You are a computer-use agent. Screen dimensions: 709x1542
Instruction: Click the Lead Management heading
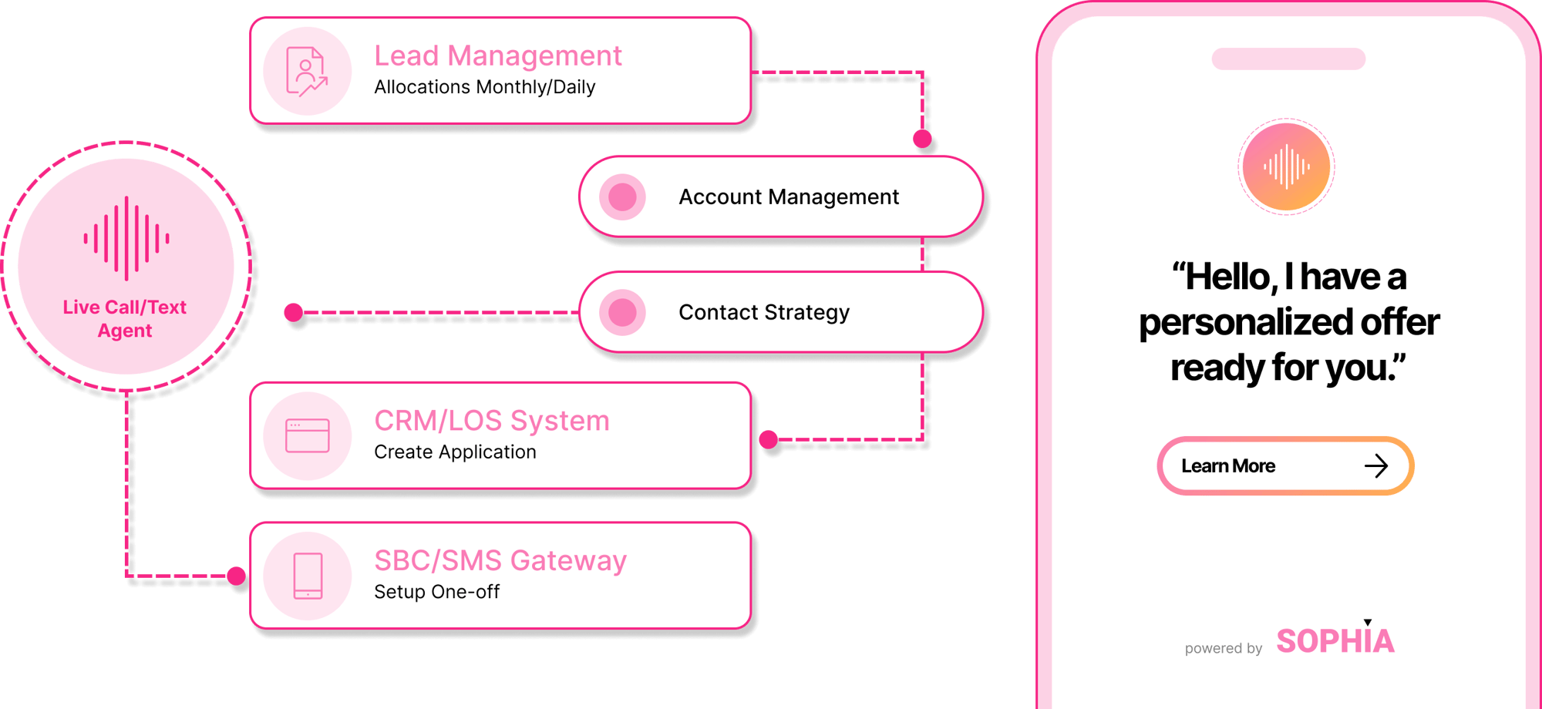click(x=497, y=56)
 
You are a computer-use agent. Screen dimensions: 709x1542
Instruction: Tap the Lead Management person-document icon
click(x=307, y=72)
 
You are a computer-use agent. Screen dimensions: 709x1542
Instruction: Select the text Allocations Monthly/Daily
click(x=484, y=87)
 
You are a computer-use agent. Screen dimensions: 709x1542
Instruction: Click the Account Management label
click(x=788, y=197)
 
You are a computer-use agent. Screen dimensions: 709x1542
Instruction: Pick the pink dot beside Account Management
click(x=622, y=197)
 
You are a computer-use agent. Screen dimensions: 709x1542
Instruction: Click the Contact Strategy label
click(x=763, y=313)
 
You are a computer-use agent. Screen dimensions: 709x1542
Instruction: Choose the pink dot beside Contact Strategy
click(x=622, y=313)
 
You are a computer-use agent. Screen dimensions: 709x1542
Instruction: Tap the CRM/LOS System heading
click(x=491, y=421)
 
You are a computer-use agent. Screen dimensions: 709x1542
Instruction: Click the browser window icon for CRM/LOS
click(x=307, y=436)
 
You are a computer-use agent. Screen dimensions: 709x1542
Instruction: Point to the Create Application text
click(x=455, y=452)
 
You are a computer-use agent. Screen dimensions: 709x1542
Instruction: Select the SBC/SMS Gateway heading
click(x=500, y=561)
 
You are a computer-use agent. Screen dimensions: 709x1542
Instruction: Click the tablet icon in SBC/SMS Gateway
click(x=308, y=576)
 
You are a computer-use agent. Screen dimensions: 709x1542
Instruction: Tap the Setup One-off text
click(x=436, y=592)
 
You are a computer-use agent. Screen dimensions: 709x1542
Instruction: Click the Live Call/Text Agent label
click(x=125, y=319)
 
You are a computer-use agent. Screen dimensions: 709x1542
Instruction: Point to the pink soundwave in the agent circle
click(x=126, y=238)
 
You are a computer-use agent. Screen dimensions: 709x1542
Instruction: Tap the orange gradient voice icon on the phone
click(x=1286, y=166)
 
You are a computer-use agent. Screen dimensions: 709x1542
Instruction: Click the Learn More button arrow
click(x=1375, y=466)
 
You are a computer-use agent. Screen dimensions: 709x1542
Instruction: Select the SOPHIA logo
click(x=1335, y=641)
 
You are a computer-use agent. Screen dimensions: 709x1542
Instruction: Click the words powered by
click(x=1223, y=649)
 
